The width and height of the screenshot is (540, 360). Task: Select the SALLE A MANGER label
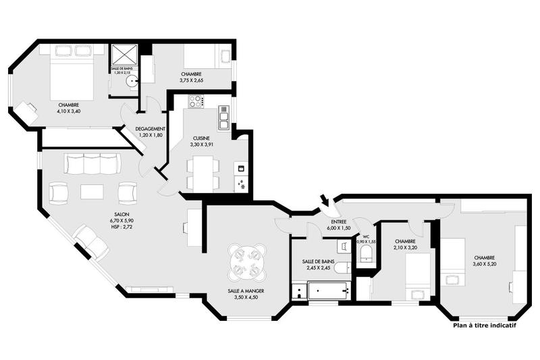pos(245,291)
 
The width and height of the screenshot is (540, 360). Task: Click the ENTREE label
pos(339,222)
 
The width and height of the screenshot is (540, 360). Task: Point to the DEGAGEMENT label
pos(151,128)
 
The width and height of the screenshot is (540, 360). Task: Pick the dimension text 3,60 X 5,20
pos(485,264)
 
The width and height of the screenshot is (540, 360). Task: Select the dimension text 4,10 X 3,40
pos(69,111)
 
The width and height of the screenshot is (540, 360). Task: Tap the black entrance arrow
pos(325,201)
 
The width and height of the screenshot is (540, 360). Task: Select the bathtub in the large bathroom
pos(329,292)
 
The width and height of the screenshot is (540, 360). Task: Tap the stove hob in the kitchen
pos(196,102)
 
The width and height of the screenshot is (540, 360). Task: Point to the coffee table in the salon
pos(92,192)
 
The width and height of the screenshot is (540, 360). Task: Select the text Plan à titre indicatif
pos(485,325)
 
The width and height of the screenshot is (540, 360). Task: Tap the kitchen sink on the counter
pos(223,118)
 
